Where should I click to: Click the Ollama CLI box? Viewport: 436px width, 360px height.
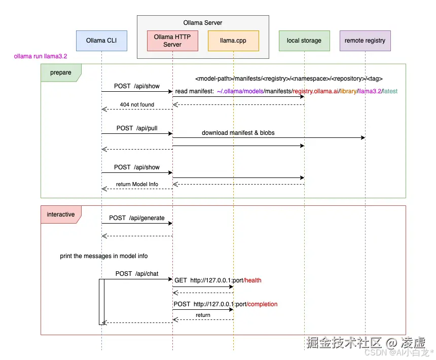pos(101,41)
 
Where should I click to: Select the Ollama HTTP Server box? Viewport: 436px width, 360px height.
pos(172,41)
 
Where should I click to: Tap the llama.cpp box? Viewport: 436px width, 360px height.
pos(233,41)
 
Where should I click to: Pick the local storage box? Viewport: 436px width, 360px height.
pos(304,41)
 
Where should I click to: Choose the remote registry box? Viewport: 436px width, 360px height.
pos(365,41)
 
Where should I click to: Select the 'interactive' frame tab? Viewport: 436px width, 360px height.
pos(61,214)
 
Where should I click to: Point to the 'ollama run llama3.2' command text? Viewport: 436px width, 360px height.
pos(41,57)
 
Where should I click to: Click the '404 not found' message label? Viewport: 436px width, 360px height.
pos(137,104)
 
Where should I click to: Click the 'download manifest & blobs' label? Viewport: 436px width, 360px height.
pos(238,133)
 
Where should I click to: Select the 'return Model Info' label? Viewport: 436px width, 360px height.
pos(137,184)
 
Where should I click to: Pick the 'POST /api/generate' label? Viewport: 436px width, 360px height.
pos(137,218)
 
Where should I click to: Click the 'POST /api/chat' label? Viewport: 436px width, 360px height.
pos(137,274)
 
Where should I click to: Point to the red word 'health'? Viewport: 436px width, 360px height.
pos(252,280)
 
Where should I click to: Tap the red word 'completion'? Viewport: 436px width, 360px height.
pos(263,304)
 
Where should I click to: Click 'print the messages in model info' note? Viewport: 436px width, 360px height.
pos(104,256)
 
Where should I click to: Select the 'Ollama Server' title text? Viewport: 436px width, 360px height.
pos(203,23)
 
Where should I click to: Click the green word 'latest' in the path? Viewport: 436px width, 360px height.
pos(390,91)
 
